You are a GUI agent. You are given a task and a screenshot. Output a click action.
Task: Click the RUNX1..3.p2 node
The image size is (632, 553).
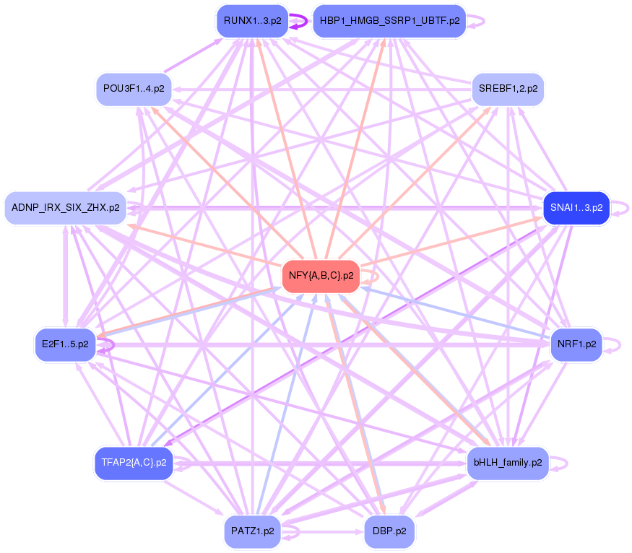click(x=251, y=21)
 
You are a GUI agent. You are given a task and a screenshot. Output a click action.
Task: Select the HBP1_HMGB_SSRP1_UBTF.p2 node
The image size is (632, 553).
click(x=389, y=21)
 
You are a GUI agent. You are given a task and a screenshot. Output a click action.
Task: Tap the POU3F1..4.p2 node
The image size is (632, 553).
click(x=134, y=90)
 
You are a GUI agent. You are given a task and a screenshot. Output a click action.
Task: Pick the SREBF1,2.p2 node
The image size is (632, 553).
click(x=508, y=90)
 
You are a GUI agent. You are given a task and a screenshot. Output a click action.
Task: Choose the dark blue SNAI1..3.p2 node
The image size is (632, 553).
click(x=576, y=208)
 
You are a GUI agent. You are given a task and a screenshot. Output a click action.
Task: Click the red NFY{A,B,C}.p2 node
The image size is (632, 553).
click(x=321, y=276)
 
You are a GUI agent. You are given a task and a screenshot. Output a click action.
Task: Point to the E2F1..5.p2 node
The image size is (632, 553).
click(x=65, y=344)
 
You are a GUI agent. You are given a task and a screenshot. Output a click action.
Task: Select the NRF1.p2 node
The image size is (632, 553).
click(x=576, y=344)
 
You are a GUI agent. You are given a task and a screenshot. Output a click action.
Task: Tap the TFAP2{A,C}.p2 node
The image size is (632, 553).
click(x=134, y=463)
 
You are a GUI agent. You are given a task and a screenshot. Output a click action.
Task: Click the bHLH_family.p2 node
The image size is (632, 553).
click(x=508, y=463)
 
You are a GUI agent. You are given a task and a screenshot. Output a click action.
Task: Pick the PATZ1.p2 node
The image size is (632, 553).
click(x=252, y=531)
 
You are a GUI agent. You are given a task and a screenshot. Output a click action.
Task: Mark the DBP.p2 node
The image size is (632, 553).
click(x=389, y=531)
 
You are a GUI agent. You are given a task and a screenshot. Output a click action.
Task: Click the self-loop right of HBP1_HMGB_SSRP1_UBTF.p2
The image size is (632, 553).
click(x=480, y=21)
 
